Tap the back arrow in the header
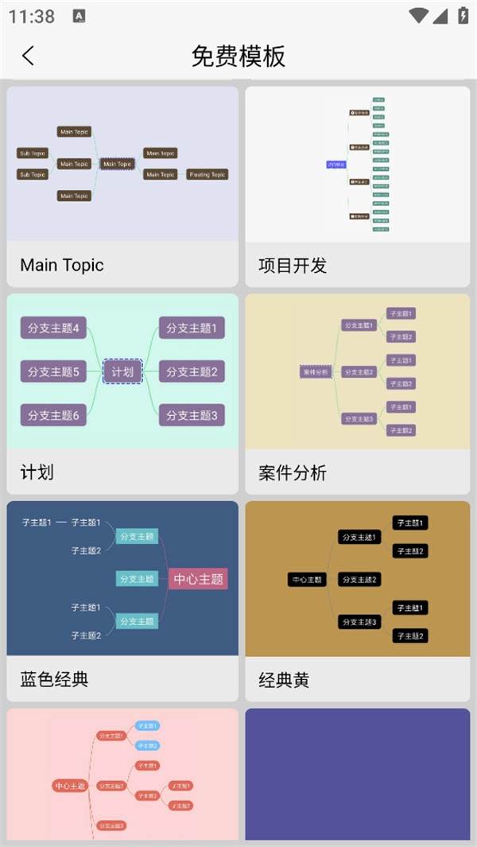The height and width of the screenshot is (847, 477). click(x=29, y=56)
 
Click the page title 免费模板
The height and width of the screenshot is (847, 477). click(x=238, y=56)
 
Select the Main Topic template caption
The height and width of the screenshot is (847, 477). click(x=62, y=265)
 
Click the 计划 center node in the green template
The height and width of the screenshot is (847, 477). click(x=122, y=371)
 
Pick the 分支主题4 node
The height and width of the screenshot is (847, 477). click(x=53, y=328)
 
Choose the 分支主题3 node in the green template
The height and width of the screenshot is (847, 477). click(x=192, y=414)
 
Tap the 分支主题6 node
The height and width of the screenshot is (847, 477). click(x=53, y=414)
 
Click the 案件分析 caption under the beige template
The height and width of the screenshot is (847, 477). click(x=293, y=473)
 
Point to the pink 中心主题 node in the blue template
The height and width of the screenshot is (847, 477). click(x=198, y=578)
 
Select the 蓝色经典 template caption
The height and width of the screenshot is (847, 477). click(x=54, y=679)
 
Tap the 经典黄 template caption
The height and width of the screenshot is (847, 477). click(x=284, y=680)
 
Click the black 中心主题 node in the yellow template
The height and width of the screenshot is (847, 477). click(x=306, y=580)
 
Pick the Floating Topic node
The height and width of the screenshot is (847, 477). click(x=207, y=174)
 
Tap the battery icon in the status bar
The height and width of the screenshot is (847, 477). click(x=463, y=15)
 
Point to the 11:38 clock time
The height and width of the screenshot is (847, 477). click(x=32, y=16)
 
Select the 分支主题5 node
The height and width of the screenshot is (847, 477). click(x=53, y=371)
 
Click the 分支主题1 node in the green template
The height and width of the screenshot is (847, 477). click(x=192, y=328)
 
